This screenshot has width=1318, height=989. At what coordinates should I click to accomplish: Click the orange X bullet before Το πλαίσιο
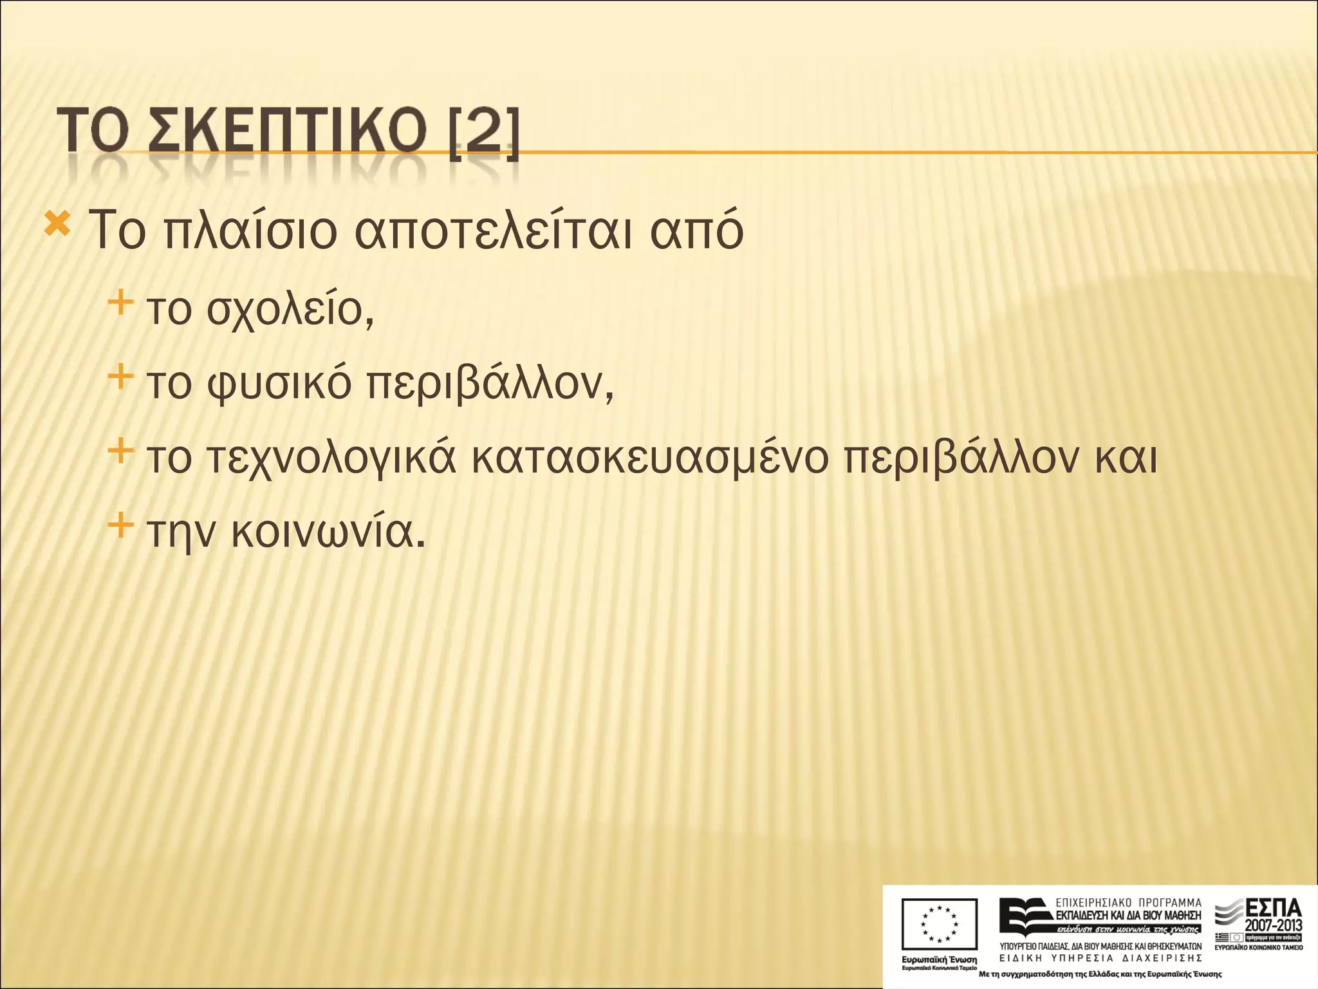57,225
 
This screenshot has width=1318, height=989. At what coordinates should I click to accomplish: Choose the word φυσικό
279,384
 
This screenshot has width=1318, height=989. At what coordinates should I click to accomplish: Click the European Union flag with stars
939,925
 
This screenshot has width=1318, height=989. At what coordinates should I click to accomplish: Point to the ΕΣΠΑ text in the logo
1274,909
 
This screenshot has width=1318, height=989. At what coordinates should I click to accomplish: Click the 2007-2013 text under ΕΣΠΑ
1274,926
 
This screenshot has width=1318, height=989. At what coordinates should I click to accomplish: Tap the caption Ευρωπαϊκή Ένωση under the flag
939,959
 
